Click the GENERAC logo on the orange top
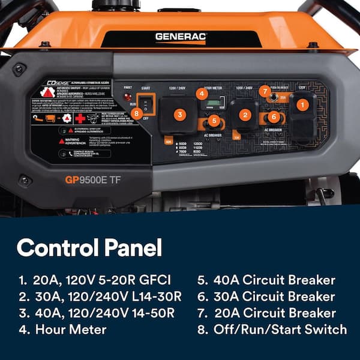tap(181, 37)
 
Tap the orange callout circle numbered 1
tap(304, 104)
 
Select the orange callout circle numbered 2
tap(244, 113)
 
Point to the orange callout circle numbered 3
tap(179, 113)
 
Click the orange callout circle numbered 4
tap(202, 93)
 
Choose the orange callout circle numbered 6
tap(274, 117)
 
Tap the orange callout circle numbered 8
tap(137, 112)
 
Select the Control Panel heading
tap(89, 247)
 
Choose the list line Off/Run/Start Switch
tap(272, 329)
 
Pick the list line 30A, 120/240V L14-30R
tap(99, 296)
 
